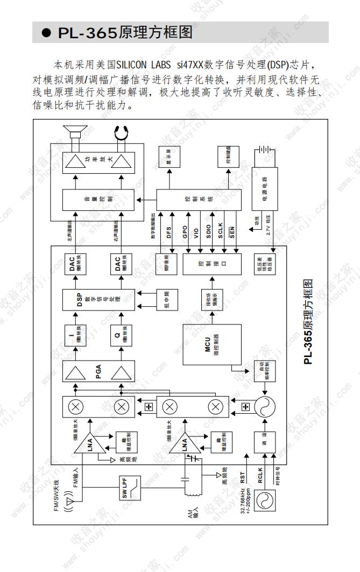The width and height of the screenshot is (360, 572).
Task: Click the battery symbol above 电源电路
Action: pos(264,151)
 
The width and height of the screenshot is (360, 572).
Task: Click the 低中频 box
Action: pos(167,300)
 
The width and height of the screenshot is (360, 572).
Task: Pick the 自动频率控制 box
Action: pos(264,371)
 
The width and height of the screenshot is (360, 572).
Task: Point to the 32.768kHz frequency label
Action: pos(243,500)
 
